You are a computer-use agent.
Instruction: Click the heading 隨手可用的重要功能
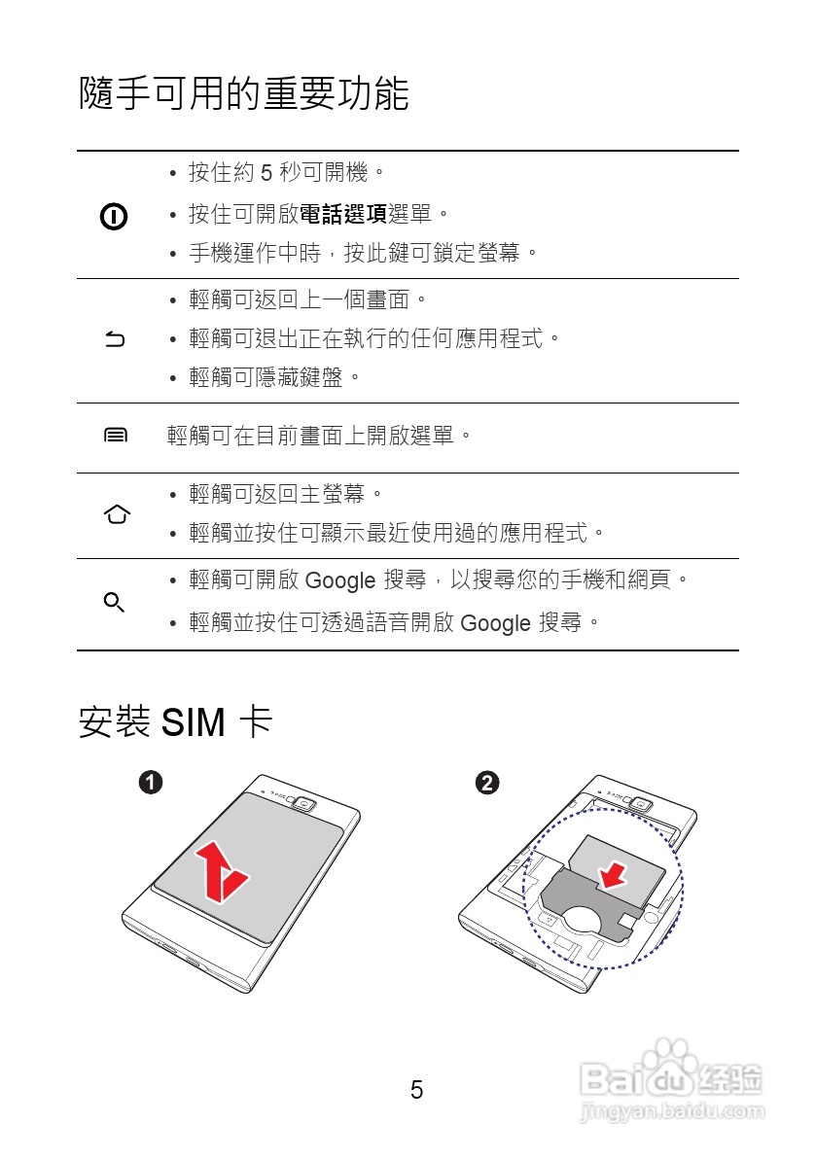tap(243, 94)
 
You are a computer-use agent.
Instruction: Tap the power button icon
tap(115, 216)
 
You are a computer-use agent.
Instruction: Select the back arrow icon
tap(115, 339)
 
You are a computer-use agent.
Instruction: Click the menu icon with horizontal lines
tap(115, 436)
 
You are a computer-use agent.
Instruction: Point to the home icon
tap(116, 514)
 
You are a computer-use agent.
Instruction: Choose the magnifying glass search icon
tap(114, 603)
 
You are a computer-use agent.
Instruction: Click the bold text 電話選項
tap(342, 213)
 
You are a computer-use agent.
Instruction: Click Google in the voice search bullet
tap(495, 623)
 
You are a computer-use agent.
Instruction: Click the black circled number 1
tap(150, 782)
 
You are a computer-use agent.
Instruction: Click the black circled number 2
tap(487, 782)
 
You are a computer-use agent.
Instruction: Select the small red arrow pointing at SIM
tap(612, 875)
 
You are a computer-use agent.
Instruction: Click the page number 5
tap(416, 1090)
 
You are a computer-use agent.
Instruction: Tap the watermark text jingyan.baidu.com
tap(670, 1111)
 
